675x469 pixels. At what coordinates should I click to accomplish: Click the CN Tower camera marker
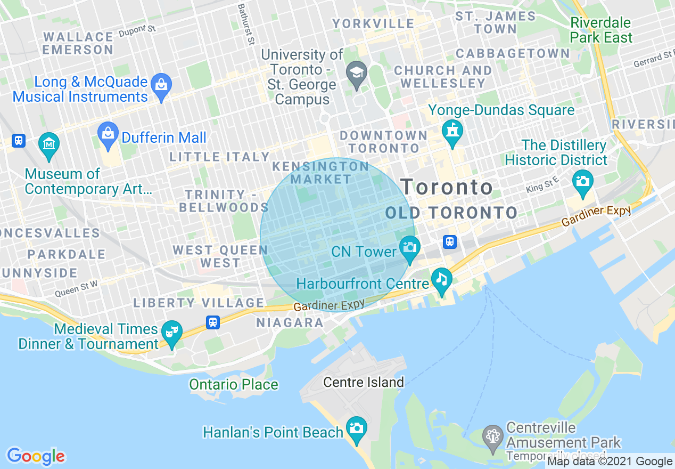click(x=409, y=247)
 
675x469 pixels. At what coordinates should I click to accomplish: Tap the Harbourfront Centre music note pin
click(x=441, y=278)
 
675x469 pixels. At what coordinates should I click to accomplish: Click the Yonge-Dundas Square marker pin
click(x=452, y=130)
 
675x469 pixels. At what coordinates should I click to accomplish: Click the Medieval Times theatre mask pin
click(x=171, y=331)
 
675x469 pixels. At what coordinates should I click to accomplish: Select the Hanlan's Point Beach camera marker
click(x=356, y=427)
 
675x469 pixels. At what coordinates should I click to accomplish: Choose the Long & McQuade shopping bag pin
click(x=160, y=85)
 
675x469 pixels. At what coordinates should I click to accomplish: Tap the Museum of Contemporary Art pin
click(x=49, y=143)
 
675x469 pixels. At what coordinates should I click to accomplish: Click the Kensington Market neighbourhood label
click(x=320, y=173)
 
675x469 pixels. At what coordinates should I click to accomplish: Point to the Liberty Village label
click(x=199, y=303)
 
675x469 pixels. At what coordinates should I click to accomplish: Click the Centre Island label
click(x=364, y=382)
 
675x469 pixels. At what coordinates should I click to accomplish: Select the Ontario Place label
click(x=234, y=384)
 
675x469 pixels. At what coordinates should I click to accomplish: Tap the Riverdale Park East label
click(x=601, y=30)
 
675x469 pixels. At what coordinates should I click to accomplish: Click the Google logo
click(x=36, y=456)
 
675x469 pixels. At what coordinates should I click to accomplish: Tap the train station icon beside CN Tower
click(x=450, y=242)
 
